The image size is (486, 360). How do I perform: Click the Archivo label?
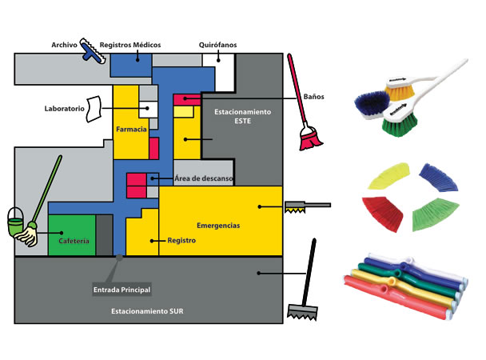tap(63, 46)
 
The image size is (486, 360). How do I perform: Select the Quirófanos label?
tap(217, 45)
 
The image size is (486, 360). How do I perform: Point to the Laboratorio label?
tap(64, 108)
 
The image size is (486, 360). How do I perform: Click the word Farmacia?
tap(129, 129)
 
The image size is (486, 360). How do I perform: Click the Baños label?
tap(313, 96)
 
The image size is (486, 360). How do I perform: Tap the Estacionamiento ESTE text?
tap(243, 115)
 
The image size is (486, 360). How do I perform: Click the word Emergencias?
tap(218, 226)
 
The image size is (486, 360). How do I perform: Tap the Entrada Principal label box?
tap(122, 289)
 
